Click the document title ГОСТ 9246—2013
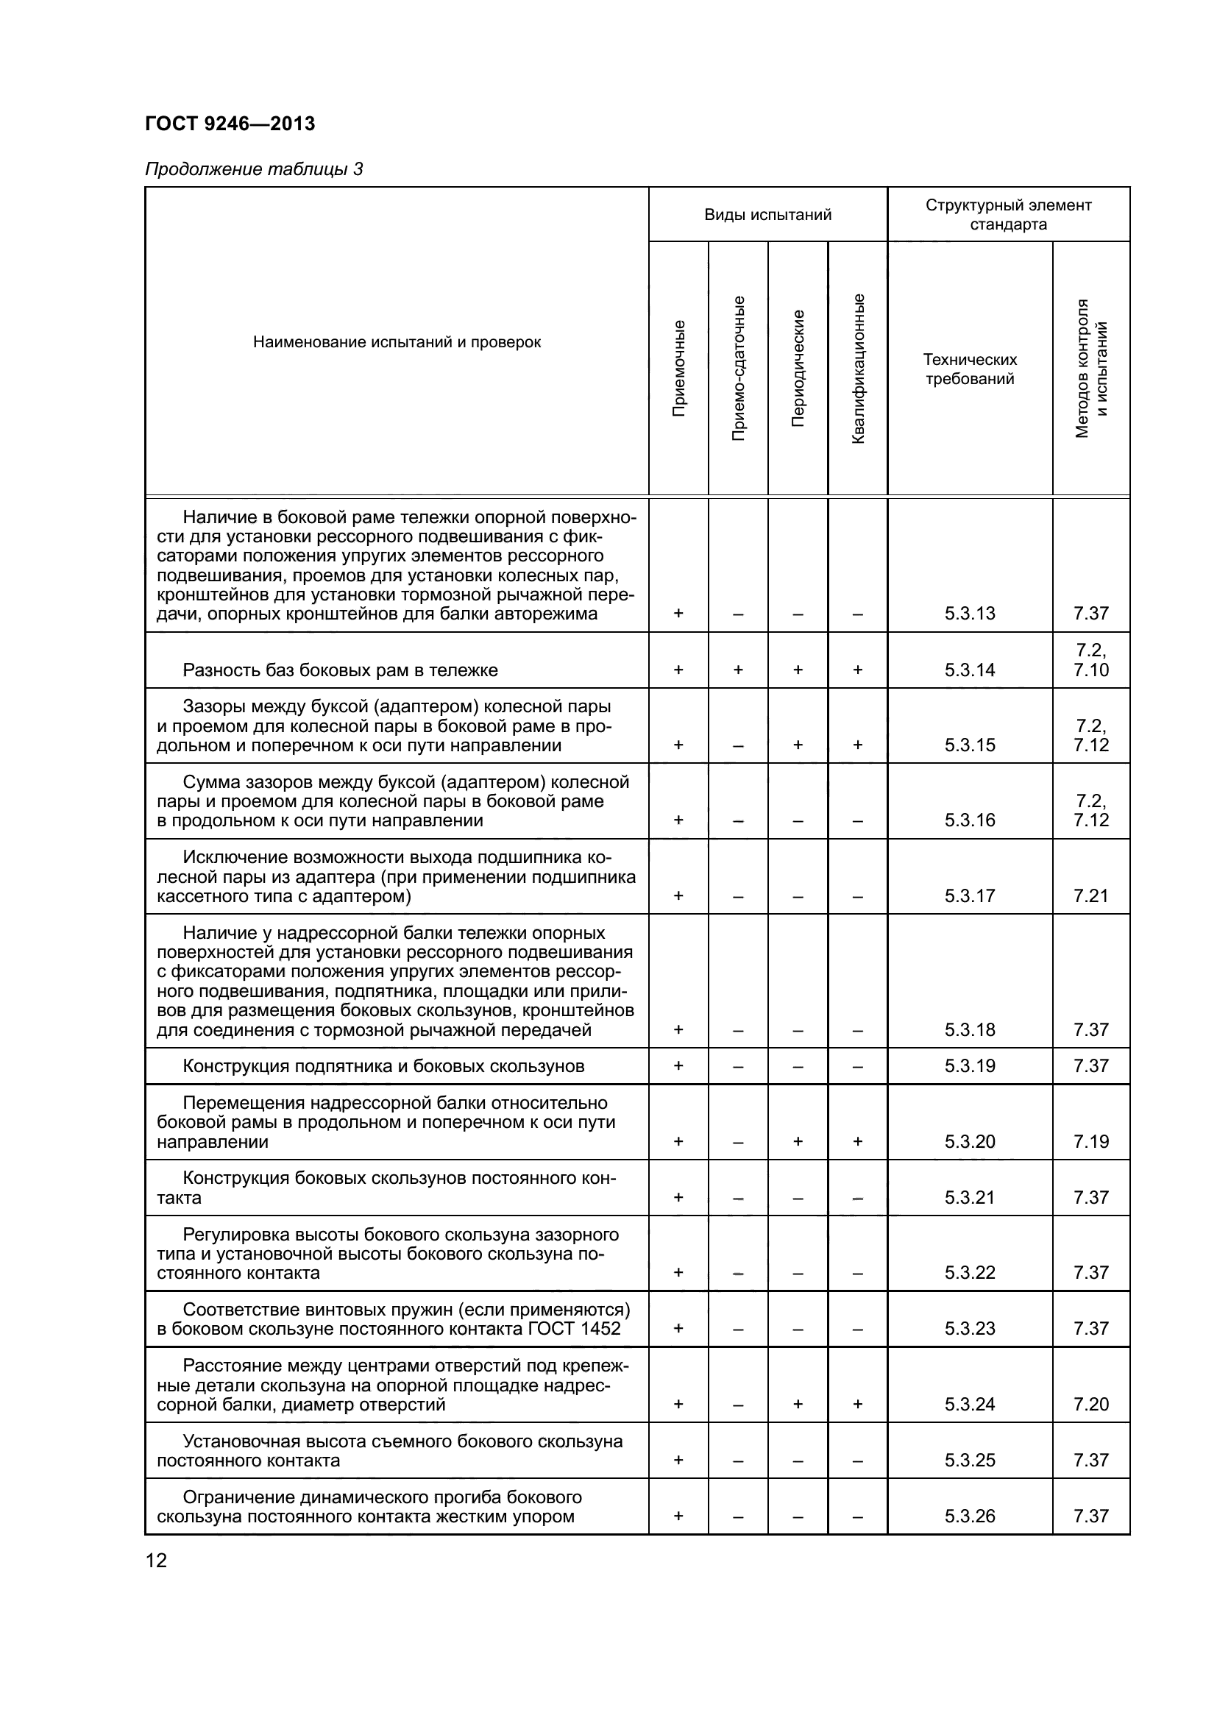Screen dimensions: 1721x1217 [x=230, y=124]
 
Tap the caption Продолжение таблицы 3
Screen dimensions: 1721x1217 [x=253, y=169]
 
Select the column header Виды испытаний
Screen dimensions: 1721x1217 [x=767, y=215]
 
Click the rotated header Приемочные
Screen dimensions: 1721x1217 [x=678, y=368]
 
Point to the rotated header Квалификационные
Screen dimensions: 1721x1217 [x=858, y=368]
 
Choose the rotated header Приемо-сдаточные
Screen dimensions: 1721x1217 [x=738, y=368]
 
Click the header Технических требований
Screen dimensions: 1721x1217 [x=970, y=369]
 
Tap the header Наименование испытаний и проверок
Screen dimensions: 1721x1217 [x=397, y=343]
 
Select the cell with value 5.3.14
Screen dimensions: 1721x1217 [x=970, y=670]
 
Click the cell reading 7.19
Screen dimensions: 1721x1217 [x=1090, y=1142]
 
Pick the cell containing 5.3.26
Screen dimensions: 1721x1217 [x=970, y=1516]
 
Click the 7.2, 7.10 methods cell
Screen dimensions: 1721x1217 [x=1090, y=660]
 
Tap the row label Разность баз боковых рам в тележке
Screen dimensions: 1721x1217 [x=340, y=670]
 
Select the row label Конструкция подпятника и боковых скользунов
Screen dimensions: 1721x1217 [x=383, y=1066]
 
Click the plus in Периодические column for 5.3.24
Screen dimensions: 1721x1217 [x=798, y=1404]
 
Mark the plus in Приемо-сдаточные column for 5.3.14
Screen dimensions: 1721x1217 [x=738, y=670]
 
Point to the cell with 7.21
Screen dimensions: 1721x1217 [x=1090, y=895]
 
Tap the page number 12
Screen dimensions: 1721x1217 [x=156, y=1561]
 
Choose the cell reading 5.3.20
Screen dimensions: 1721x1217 [x=970, y=1142]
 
